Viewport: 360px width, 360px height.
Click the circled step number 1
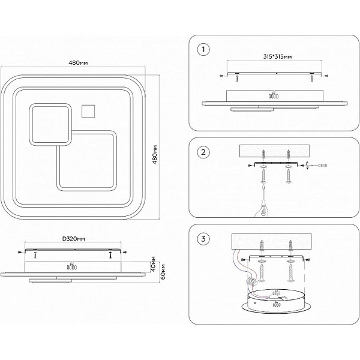203,50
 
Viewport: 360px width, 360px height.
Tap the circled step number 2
203,152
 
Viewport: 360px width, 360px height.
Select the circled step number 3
203,239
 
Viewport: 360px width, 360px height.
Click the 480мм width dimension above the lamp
78,62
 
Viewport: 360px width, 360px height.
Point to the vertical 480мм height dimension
155,154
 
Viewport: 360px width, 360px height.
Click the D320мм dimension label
74,239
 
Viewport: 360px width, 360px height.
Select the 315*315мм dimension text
277,57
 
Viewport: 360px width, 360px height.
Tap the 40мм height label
154,264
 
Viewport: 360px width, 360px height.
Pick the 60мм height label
163,272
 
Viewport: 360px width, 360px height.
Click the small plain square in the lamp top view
88,111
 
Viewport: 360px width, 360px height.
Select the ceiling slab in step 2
274,151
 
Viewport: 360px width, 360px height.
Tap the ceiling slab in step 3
272,241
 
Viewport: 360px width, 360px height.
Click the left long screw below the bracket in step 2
263,176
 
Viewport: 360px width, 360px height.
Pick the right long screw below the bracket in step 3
290,272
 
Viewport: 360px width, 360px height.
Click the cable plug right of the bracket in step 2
317,166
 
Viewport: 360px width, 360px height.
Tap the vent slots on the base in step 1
274,96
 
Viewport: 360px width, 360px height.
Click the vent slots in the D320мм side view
71,267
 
